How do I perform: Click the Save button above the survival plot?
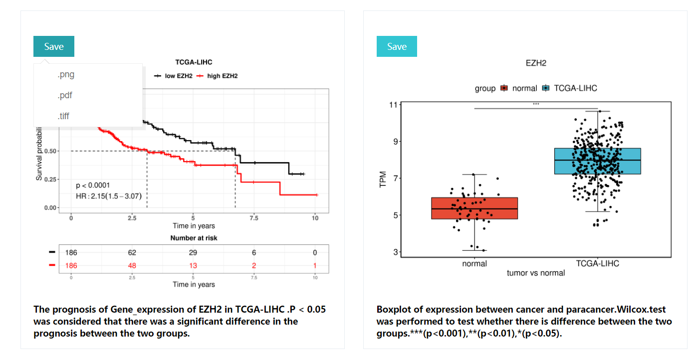click(54, 46)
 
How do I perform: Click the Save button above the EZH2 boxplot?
click(397, 46)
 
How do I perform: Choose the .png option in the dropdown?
click(66, 75)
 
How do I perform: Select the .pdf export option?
click(65, 95)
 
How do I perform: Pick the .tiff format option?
click(63, 116)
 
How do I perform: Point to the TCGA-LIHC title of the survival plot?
click(194, 62)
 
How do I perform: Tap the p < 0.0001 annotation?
click(93, 185)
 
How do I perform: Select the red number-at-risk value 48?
click(132, 266)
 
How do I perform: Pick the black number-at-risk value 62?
click(132, 253)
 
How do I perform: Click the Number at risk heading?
click(194, 238)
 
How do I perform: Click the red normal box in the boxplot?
click(474, 208)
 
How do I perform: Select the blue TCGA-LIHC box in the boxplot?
click(597, 161)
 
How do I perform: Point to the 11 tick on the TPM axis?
click(394, 105)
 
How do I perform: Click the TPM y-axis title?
click(383, 180)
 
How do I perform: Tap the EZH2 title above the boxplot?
click(536, 63)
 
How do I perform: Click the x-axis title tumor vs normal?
click(536, 273)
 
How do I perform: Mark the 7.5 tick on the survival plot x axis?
click(254, 218)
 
